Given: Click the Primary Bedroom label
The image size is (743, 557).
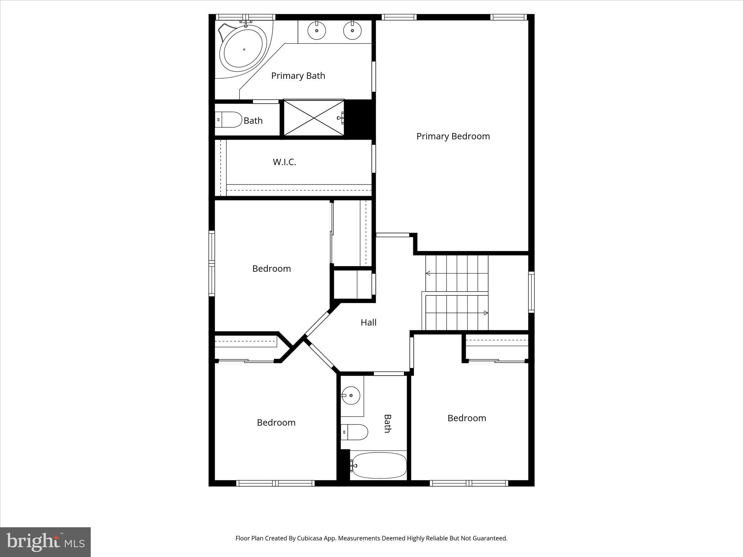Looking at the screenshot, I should [453, 136].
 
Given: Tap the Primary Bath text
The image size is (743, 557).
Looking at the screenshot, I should [298, 76].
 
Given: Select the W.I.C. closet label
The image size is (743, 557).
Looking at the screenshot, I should [284, 162].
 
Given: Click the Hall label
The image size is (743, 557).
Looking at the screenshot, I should [368, 322].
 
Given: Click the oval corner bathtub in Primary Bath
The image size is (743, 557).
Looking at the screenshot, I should [243, 50].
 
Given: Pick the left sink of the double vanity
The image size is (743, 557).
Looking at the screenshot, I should [317, 30].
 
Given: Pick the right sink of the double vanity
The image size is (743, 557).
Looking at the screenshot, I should [352, 30].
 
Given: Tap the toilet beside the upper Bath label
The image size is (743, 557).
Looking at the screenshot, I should [229, 120].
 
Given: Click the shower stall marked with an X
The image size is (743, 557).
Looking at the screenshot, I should [313, 118].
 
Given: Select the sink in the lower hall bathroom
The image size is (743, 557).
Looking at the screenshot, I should [350, 396].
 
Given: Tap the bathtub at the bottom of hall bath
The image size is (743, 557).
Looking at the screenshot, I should [379, 465].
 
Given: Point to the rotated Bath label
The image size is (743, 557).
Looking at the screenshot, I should [387, 424].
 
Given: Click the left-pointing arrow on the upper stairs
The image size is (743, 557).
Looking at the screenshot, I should [428, 273].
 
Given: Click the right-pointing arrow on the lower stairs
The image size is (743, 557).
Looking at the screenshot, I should [485, 313].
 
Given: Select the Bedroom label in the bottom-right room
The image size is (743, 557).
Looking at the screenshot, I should [467, 418].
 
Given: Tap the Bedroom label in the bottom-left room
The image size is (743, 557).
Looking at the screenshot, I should [276, 422].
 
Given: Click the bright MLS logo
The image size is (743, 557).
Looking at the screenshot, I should [45, 542].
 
